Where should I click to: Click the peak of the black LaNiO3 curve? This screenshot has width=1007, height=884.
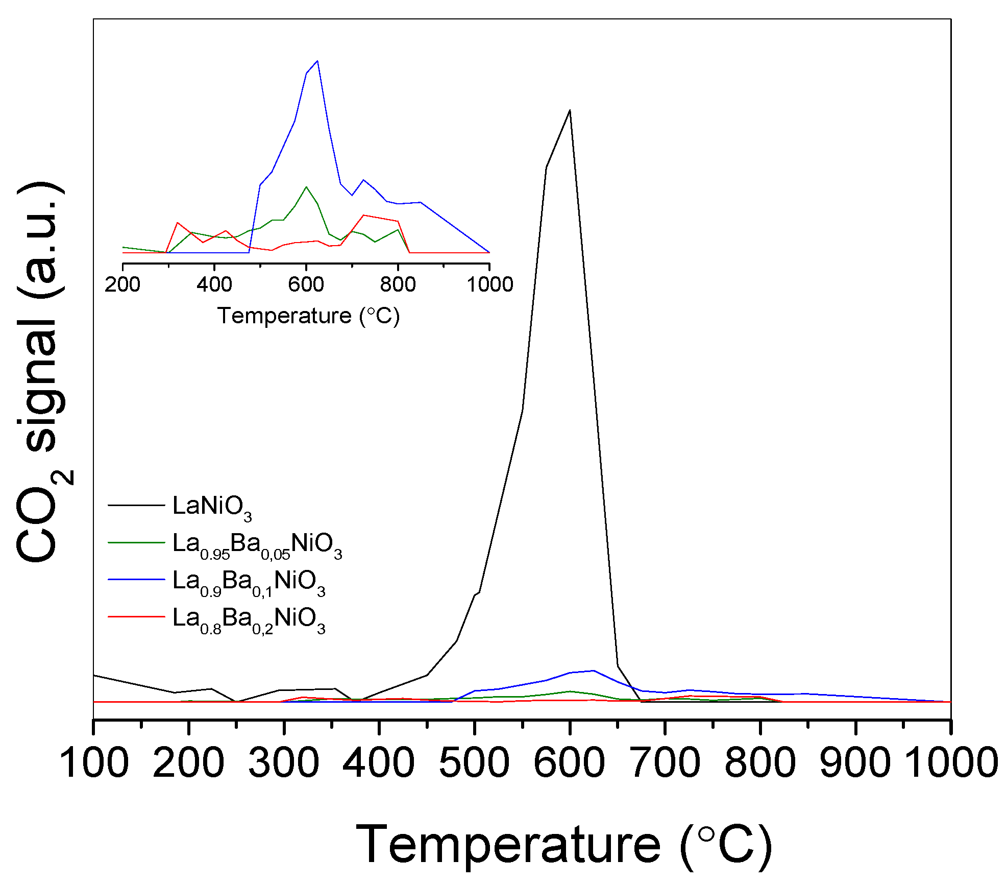(570, 110)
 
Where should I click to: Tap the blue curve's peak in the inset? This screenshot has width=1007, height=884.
(317, 61)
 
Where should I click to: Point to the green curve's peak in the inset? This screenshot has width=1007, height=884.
(306, 187)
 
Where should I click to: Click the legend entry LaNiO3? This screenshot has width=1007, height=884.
(212, 506)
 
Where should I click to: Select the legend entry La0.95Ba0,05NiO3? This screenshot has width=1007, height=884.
(257, 544)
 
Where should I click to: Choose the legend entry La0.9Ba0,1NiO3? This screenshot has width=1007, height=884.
(249, 581)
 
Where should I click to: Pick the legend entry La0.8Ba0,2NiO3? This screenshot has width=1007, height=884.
(249, 618)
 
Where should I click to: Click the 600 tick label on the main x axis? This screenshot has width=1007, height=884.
(569, 763)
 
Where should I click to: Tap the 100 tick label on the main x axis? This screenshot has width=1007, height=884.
(94, 763)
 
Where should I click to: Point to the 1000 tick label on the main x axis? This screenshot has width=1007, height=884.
(951, 763)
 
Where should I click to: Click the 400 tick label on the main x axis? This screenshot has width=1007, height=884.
(379, 763)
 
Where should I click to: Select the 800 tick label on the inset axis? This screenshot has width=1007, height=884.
(398, 284)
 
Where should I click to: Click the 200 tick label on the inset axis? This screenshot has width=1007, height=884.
(122, 284)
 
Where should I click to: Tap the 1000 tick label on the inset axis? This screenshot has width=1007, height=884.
(489, 284)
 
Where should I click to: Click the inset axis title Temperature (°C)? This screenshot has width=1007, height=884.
(308, 316)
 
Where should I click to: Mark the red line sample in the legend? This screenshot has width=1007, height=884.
(136, 617)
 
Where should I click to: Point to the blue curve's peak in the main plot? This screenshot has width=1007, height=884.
(593, 671)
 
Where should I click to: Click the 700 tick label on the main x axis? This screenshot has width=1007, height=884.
(665, 763)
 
